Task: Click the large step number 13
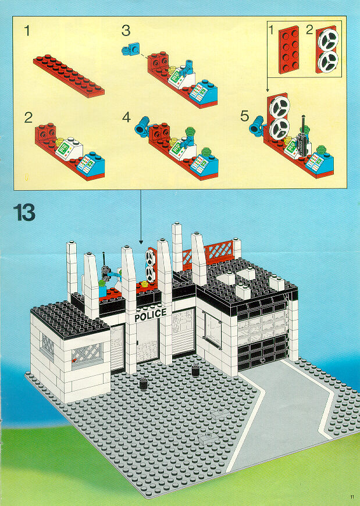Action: tap(24, 213)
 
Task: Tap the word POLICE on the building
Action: tap(150, 315)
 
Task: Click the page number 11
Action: tap(352, 497)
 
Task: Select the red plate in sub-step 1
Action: tap(69, 76)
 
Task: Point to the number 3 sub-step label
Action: tap(126, 31)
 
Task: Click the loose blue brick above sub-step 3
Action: tap(131, 49)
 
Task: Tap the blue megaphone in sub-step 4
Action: tap(141, 126)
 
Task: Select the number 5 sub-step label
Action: tap(244, 116)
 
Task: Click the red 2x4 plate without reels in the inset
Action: tap(288, 50)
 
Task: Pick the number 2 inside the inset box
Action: tap(309, 30)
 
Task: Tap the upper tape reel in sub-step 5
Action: tap(280, 108)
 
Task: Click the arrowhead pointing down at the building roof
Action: tap(141, 242)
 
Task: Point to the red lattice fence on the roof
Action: tap(208, 252)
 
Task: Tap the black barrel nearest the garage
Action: tap(195, 370)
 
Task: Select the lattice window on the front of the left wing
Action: tap(87, 355)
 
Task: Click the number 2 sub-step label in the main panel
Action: tap(28, 117)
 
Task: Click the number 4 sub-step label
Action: tap(126, 117)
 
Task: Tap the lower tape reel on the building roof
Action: tap(150, 274)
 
